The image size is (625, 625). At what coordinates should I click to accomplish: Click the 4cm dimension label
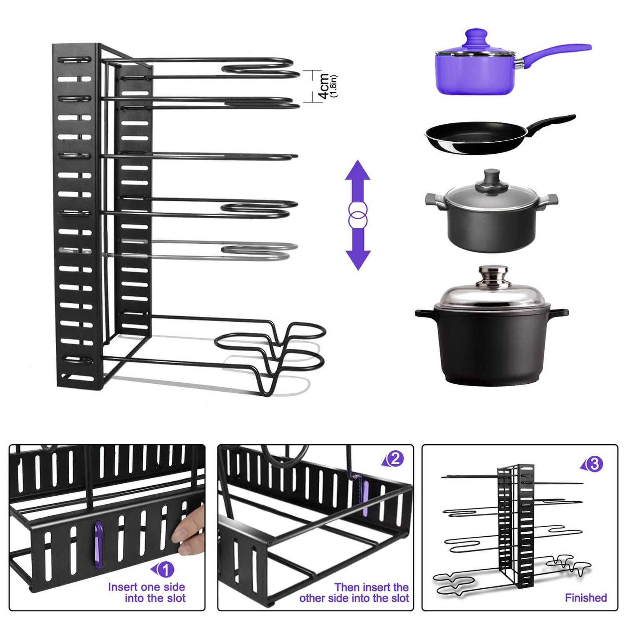pyautogui.click(x=323, y=86)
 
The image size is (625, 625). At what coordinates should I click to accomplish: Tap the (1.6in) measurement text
pyautogui.click(x=333, y=86)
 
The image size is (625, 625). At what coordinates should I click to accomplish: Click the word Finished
pyautogui.click(x=586, y=598)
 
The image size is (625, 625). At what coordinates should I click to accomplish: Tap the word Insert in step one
pyautogui.click(x=122, y=587)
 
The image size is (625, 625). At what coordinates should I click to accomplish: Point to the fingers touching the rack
pyautogui.click(x=190, y=531)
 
